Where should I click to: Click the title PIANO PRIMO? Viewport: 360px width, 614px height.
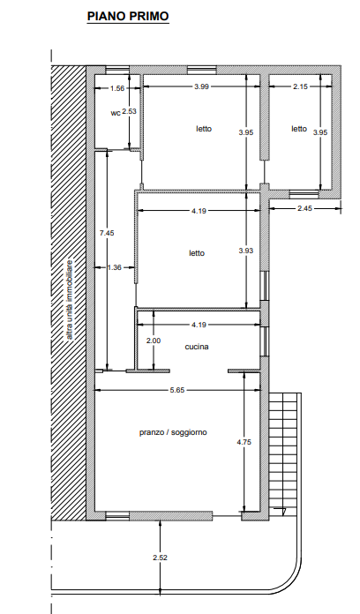(128, 17)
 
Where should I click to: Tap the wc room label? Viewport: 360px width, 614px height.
(116, 113)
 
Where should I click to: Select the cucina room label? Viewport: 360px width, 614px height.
(197, 347)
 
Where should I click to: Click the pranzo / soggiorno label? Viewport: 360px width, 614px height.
(173, 432)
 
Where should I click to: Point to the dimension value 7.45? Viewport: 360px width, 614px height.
(107, 233)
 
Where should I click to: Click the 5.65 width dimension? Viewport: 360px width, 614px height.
(177, 390)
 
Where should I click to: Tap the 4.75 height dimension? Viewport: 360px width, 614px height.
(244, 442)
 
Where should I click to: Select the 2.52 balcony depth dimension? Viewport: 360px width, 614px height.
(161, 558)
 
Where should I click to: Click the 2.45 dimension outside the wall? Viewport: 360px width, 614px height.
(304, 208)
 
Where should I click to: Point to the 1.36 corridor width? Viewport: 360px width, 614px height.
(114, 268)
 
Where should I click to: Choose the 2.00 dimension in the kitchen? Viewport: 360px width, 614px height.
(154, 341)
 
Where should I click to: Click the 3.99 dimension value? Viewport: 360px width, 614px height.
(201, 86)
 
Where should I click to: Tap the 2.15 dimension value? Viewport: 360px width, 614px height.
(301, 86)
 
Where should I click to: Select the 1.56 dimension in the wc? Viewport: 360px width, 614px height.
(117, 88)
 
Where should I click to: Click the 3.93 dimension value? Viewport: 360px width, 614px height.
(246, 251)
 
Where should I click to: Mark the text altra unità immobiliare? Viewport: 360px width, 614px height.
(70, 300)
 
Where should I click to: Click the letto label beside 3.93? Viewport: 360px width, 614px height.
(197, 253)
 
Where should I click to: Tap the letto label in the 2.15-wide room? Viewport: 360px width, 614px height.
(299, 129)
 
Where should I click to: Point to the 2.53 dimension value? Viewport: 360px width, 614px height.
(130, 111)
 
